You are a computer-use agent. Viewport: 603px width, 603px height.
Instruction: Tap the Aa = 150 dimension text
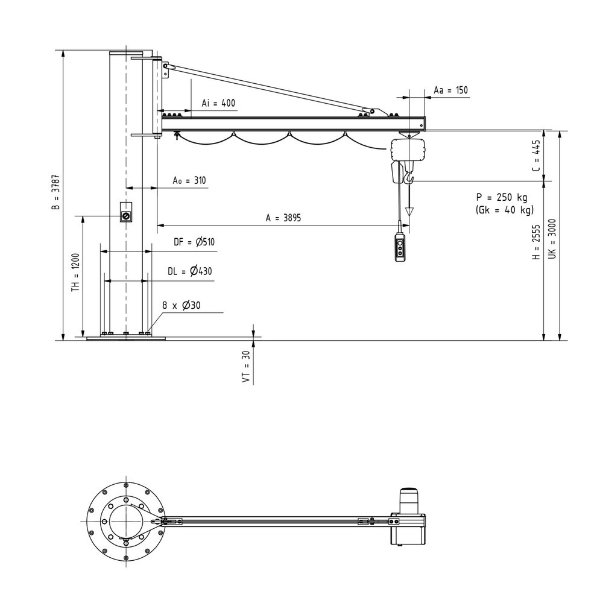click(x=450, y=90)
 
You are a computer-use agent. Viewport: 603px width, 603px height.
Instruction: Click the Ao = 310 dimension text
click(x=189, y=180)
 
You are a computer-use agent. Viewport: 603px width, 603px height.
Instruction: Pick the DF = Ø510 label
click(x=194, y=242)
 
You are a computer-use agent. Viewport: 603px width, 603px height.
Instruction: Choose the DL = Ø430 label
click(x=190, y=271)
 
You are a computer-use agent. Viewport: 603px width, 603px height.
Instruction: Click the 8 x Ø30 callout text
click(x=181, y=306)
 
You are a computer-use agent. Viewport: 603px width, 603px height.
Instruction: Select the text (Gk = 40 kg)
click(x=504, y=210)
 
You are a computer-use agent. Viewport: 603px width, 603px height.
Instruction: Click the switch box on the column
click(x=126, y=215)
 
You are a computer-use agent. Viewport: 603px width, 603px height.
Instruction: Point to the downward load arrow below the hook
click(x=410, y=212)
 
